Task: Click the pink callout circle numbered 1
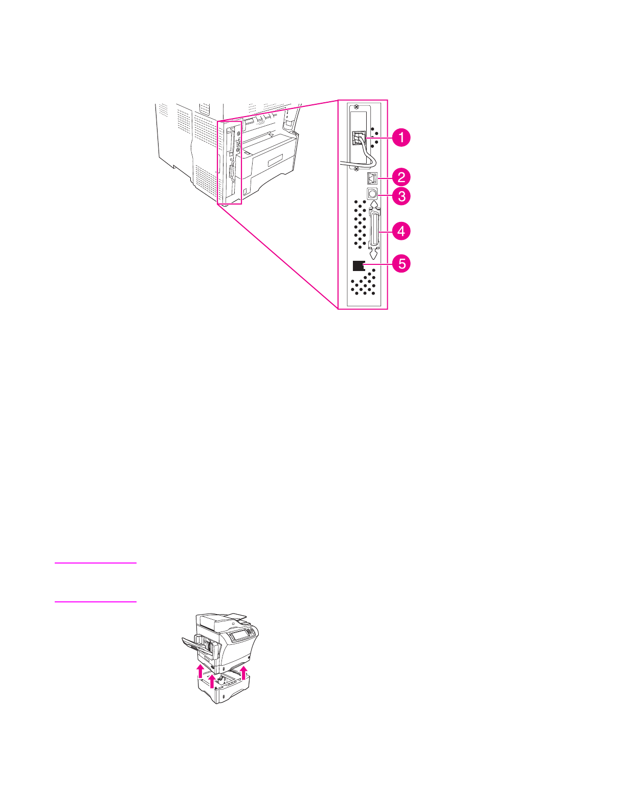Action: (401, 138)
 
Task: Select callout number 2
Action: (401, 177)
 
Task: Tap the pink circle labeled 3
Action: (401, 196)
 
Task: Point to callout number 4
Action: (401, 231)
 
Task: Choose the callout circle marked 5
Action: (401, 264)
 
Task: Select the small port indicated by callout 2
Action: (372, 178)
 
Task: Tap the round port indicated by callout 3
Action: (372, 194)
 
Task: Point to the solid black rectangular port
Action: (359, 265)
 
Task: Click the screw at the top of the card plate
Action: (356, 108)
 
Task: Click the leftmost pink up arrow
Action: (200, 670)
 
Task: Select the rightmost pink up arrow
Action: (244, 671)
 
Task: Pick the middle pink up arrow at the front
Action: (212, 681)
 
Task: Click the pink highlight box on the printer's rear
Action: (229, 163)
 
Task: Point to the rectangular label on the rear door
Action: (275, 160)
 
